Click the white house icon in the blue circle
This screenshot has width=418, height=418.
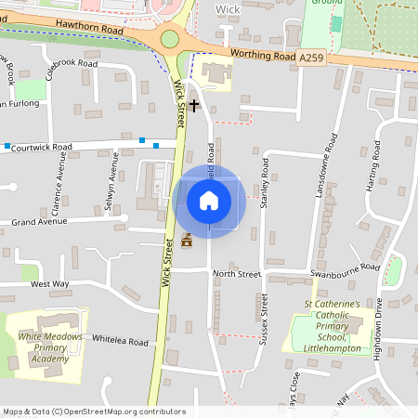(x=209, y=201)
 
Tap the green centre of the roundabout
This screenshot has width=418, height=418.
(x=169, y=38)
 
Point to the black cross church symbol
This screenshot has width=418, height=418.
(x=193, y=105)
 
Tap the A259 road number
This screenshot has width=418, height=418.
(x=312, y=58)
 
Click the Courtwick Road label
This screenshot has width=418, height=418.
(x=47, y=147)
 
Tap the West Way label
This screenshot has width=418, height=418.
(x=50, y=283)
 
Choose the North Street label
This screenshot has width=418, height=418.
(x=237, y=273)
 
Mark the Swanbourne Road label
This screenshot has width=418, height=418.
(x=347, y=268)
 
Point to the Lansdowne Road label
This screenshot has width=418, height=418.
(x=332, y=152)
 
